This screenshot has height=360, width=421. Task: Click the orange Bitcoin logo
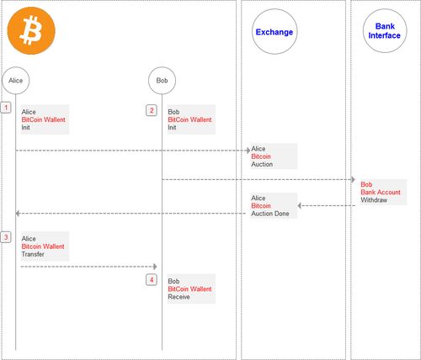tap(31, 30)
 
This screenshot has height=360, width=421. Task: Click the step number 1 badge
tap(6, 108)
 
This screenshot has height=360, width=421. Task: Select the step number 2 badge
tap(152, 110)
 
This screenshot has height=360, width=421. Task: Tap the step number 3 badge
tap(6, 237)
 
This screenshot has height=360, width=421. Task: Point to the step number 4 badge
tap(152, 280)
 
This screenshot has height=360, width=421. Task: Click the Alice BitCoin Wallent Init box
tap(45, 119)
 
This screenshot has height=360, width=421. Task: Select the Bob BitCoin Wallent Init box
tap(191, 119)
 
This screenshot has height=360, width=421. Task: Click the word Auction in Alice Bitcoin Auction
tap(262, 164)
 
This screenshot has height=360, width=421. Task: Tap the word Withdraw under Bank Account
tap(374, 200)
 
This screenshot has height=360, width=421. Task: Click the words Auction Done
tap(270, 214)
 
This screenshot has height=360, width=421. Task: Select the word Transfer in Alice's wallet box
tap(33, 254)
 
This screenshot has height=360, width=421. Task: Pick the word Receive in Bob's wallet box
tap(179, 297)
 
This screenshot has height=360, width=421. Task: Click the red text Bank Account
tap(381, 193)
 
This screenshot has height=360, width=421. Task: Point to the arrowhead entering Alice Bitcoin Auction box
tap(248, 151)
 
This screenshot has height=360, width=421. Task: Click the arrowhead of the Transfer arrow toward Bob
tap(155, 267)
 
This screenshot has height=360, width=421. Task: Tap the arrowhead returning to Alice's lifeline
tap(18, 214)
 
